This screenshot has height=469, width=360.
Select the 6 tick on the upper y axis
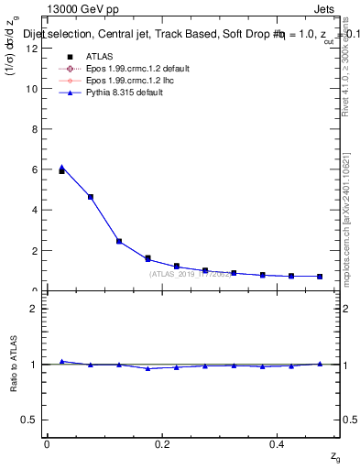35,169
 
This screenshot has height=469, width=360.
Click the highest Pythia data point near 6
61,168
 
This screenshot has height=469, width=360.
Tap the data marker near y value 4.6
91,197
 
